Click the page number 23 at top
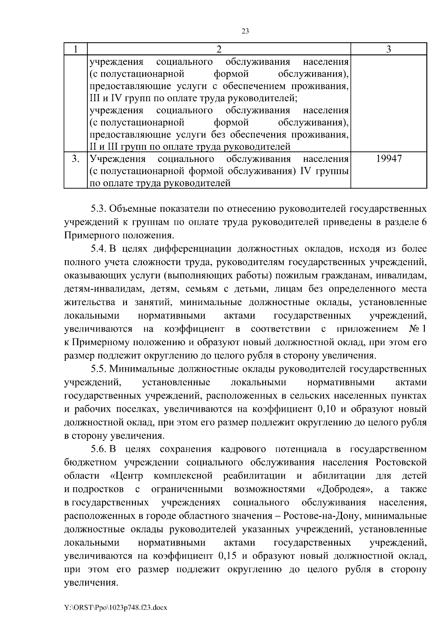(x=245, y=31)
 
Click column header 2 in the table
(x=219, y=49)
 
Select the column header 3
(x=389, y=49)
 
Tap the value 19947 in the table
(x=389, y=159)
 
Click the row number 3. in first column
(x=75, y=159)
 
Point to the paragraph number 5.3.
(x=99, y=208)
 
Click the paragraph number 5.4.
(x=99, y=249)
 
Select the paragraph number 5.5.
(x=99, y=369)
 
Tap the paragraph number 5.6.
(x=99, y=449)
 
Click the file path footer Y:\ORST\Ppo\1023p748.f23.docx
(x=115, y=608)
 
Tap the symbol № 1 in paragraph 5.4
(x=417, y=329)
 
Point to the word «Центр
(x=127, y=476)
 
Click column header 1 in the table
(x=75, y=49)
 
